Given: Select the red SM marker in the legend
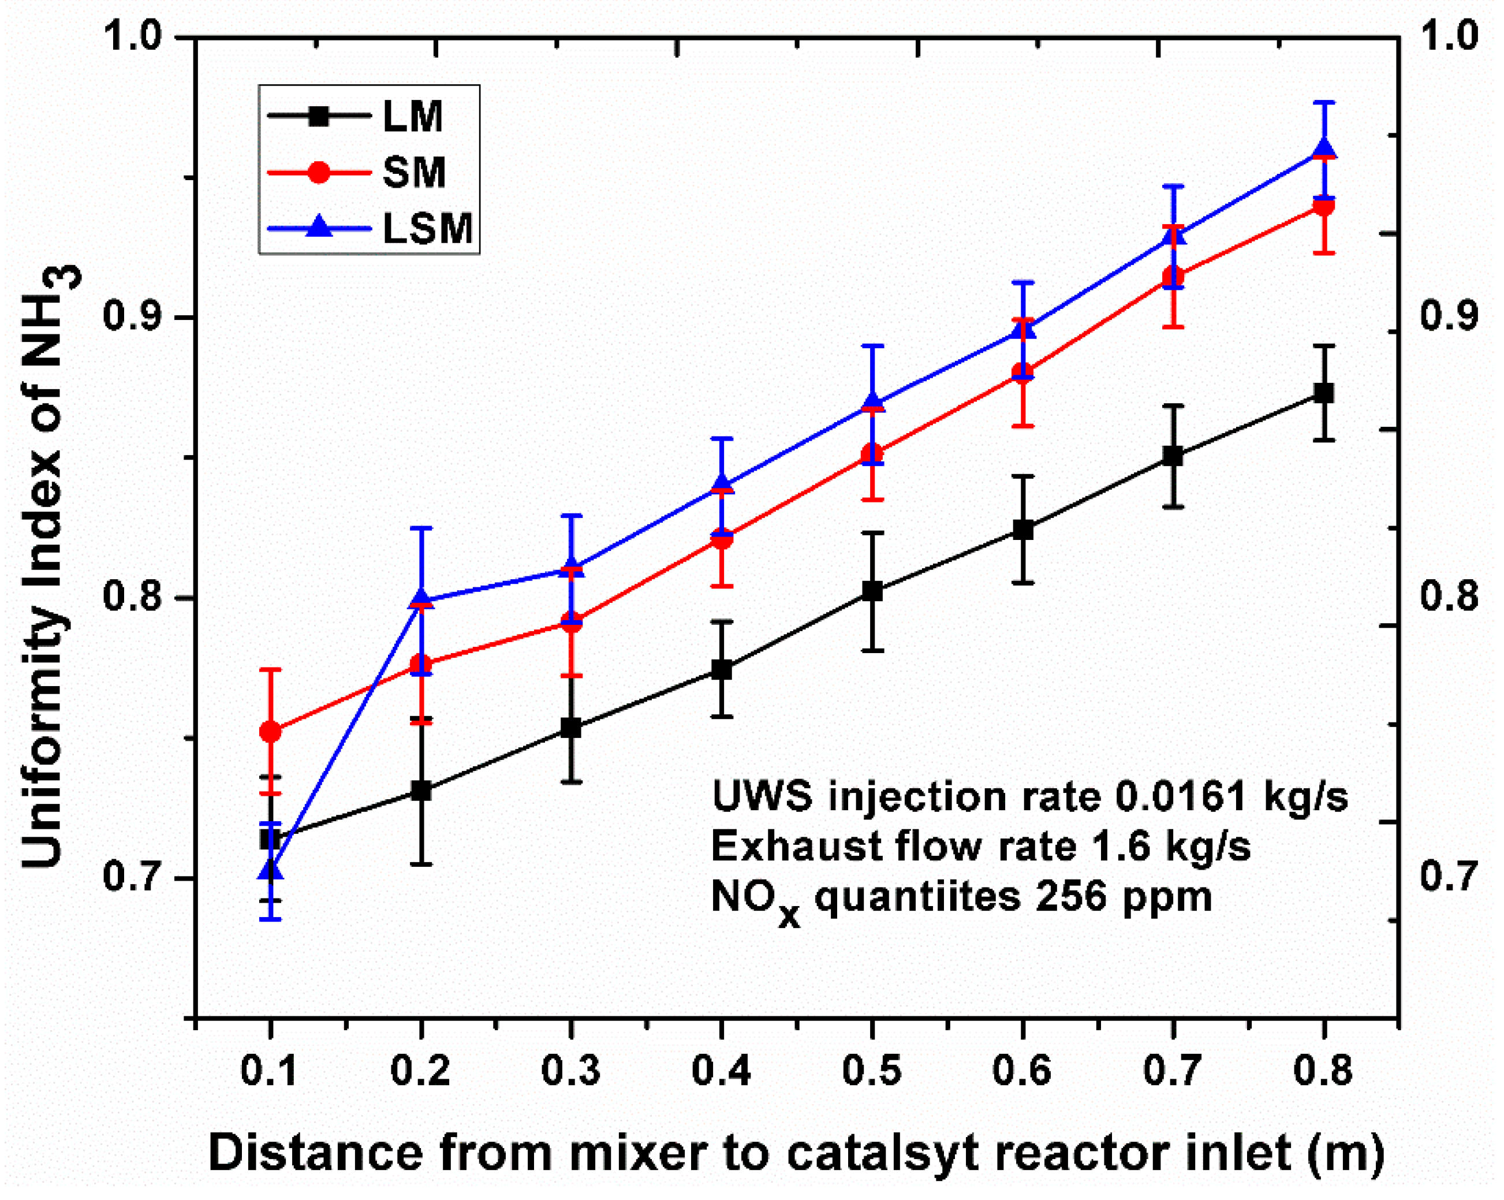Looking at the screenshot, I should point(319,172).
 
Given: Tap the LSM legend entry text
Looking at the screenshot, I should point(428,228).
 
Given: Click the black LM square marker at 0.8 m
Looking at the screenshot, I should point(1323,393).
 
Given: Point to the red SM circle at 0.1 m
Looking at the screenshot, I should point(270,731).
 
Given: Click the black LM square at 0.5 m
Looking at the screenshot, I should point(872,591).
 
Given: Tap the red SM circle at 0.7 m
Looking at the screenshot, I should point(1173,276).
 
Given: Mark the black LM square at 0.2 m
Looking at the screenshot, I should point(421,791).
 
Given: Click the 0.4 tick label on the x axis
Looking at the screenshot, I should point(721,1070).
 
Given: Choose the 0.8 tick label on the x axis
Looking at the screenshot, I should point(1323,1070).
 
